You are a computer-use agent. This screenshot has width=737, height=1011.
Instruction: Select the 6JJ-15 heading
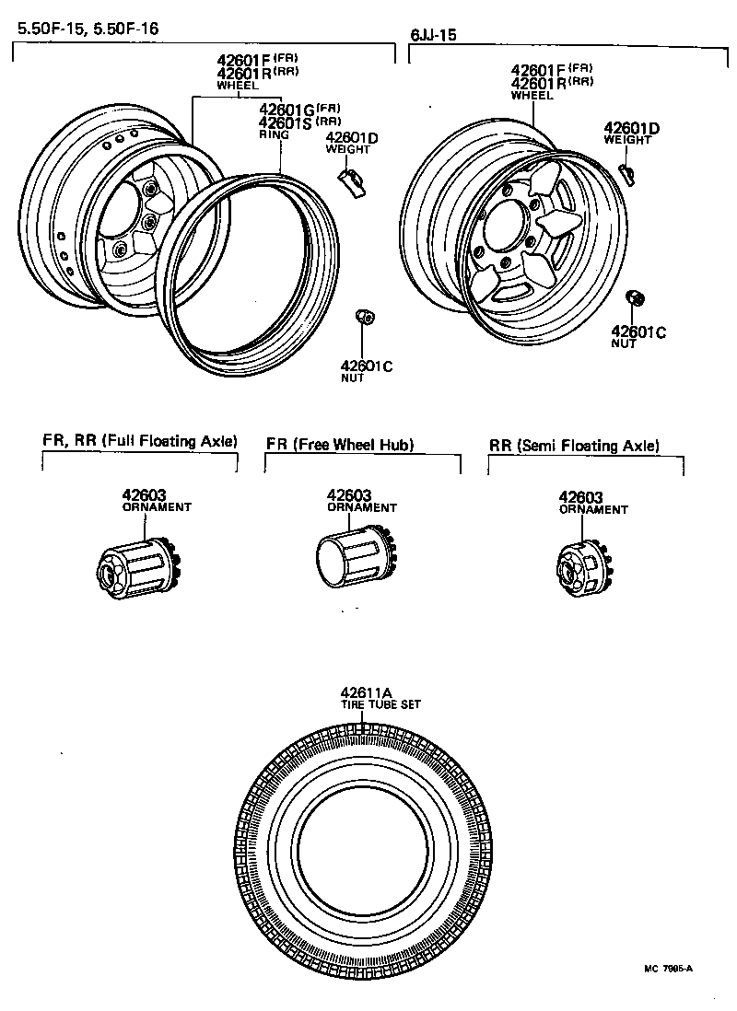[x=434, y=35]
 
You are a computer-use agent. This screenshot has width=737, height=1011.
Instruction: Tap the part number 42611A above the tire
[x=367, y=693]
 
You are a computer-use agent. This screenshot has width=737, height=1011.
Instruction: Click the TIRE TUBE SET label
[x=380, y=705]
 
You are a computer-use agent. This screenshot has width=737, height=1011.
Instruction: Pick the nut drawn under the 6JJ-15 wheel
[x=634, y=298]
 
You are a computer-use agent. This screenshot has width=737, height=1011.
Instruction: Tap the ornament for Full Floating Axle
[x=135, y=565]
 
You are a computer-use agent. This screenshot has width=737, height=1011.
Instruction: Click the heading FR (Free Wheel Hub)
[x=340, y=445]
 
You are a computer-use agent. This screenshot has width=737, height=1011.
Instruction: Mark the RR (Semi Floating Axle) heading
[x=574, y=446]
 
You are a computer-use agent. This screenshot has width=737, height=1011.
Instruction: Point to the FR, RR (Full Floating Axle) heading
[x=139, y=441]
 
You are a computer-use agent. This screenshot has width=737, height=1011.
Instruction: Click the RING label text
[x=274, y=134]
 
